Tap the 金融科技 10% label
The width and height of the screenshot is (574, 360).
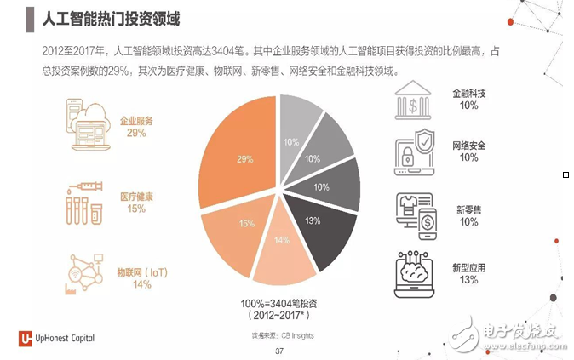(468, 99)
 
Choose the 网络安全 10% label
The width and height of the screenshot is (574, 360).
(468, 151)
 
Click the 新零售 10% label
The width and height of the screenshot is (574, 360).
(468, 215)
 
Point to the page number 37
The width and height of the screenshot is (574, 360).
(278, 351)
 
